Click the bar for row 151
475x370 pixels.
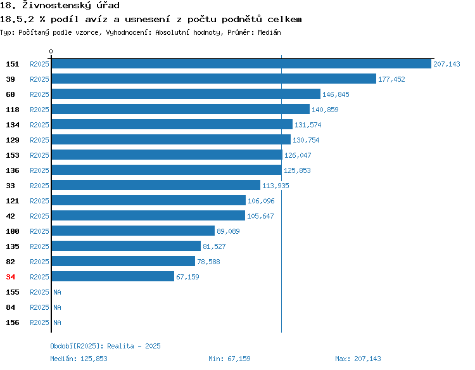coord(241,63)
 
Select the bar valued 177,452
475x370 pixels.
coord(214,79)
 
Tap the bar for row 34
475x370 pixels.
coord(113,276)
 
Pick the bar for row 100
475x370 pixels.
coord(133,231)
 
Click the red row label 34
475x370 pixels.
coord(10,277)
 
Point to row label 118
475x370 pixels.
coord(13,110)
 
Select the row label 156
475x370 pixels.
coord(13,322)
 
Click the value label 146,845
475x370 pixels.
coord(336,94)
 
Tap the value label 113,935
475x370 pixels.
coord(275,186)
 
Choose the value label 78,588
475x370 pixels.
coord(208,262)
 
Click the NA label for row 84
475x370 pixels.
coord(57,307)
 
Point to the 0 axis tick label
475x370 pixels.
coord(51,51)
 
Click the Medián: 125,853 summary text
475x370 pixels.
coord(79,359)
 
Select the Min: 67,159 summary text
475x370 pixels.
coord(229,359)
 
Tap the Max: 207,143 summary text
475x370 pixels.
coord(358,359)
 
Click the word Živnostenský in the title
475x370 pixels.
coord(56,6)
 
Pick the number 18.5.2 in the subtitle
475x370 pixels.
coord(17,20)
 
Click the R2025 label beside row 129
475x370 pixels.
coord(39,140)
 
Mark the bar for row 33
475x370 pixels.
coord(156,185)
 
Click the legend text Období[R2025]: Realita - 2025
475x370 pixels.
coord(105,346)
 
